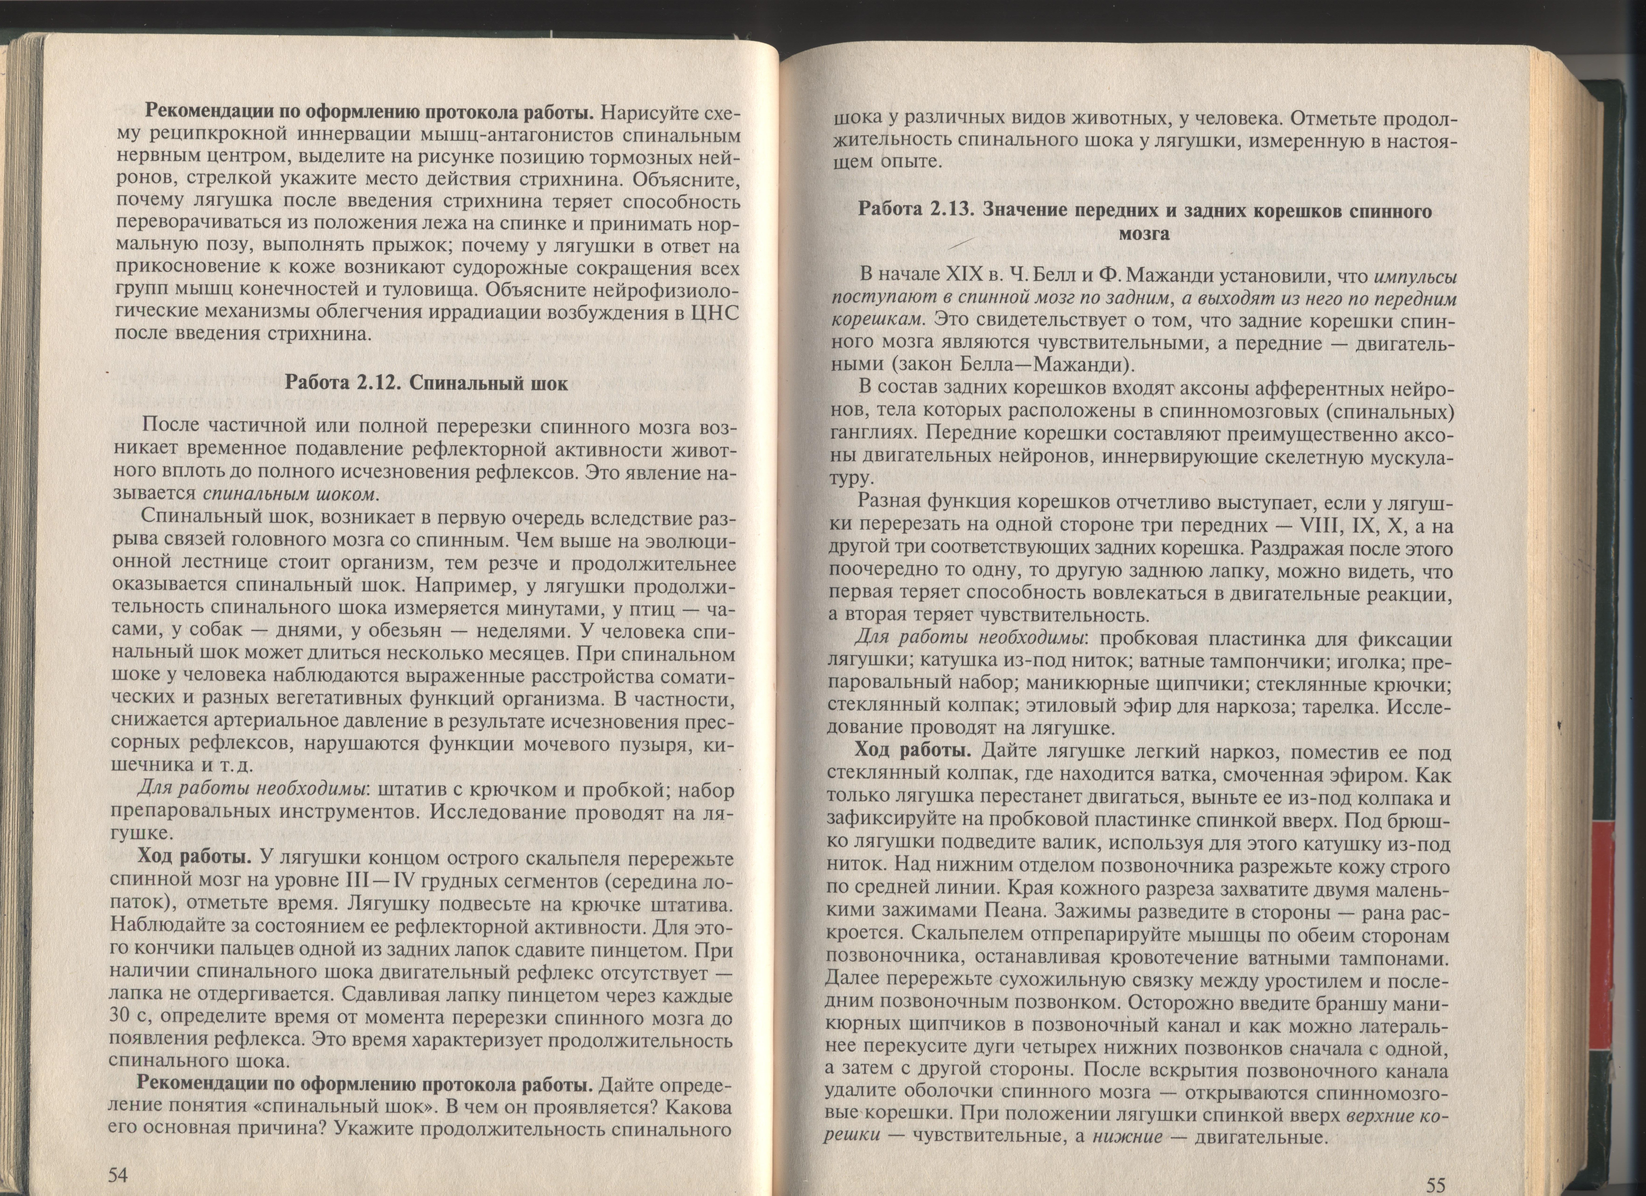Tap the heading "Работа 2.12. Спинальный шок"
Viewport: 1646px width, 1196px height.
click(427, 383)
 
